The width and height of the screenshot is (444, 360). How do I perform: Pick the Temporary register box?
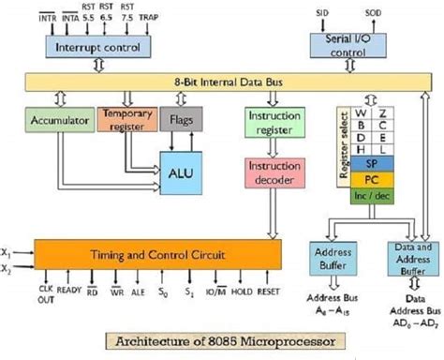point(127,120)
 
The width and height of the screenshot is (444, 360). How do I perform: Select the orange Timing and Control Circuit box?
point(156,253)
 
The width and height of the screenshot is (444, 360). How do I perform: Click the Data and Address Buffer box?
point(411,258)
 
